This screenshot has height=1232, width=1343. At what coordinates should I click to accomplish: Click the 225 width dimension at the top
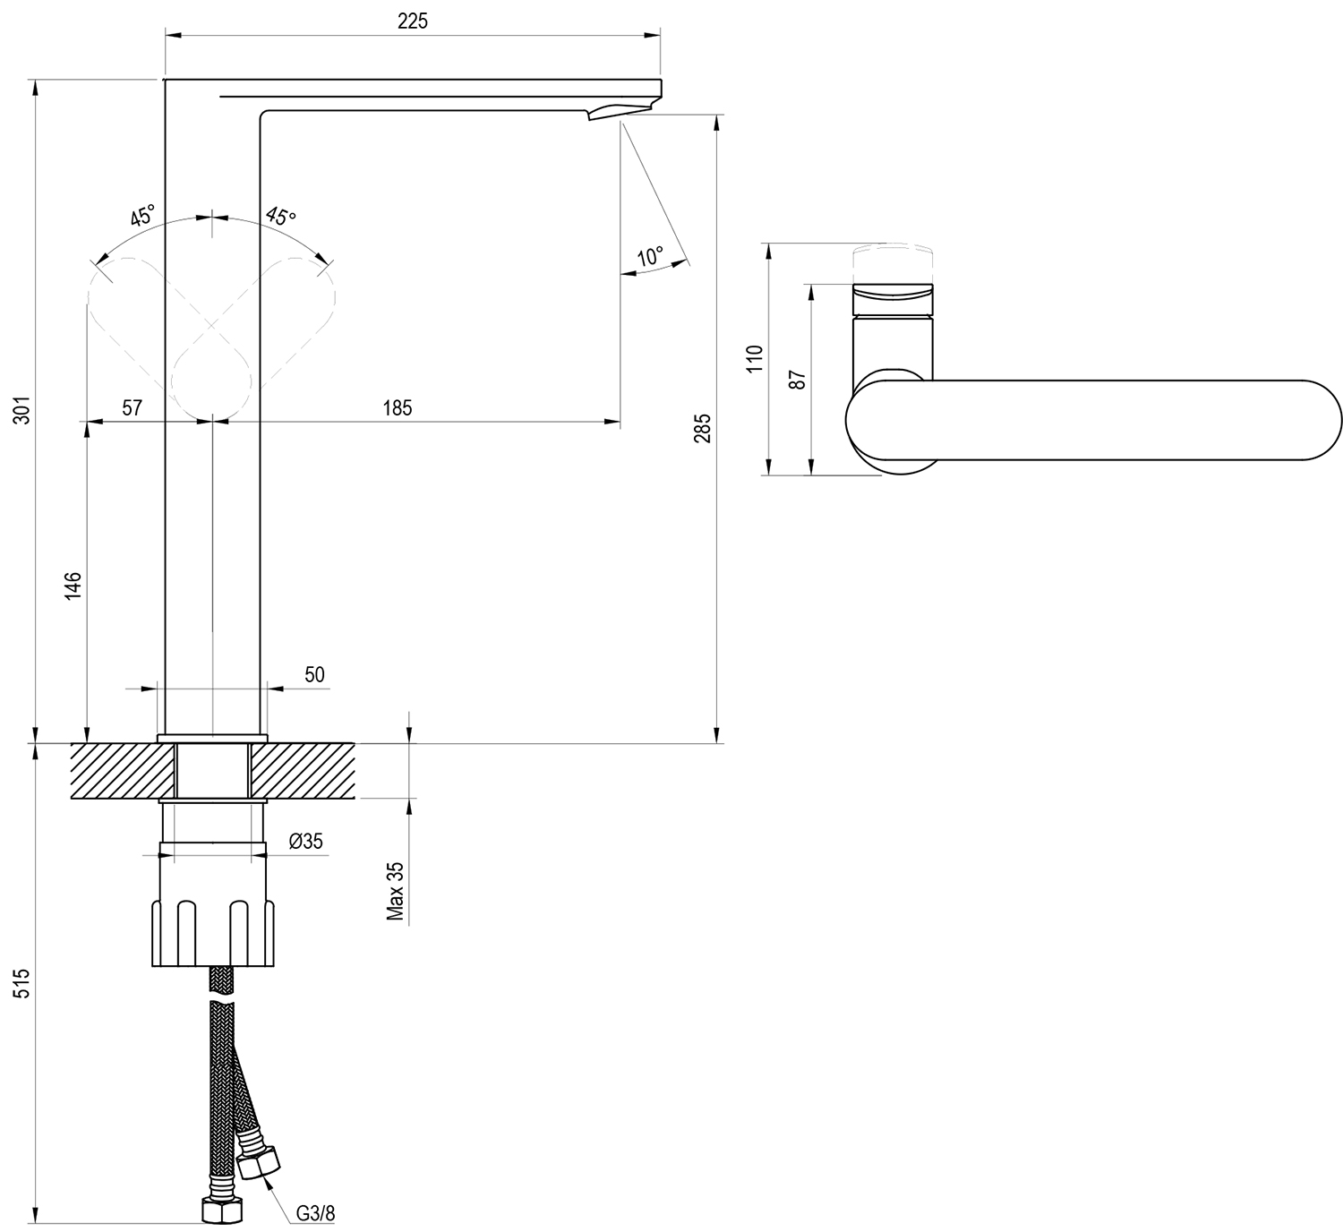(x=413, y=21)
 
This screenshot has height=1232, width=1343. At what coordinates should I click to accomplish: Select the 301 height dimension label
(x=22, y=410)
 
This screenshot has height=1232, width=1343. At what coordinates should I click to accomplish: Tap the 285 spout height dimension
(x=702, y=429)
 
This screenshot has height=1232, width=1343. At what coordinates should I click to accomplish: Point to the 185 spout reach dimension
(x=398, y=407)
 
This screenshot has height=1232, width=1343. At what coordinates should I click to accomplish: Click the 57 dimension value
(x=132, y=407)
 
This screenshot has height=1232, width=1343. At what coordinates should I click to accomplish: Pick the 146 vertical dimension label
(x=73, y=586)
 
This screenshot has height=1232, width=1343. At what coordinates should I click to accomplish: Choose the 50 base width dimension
(x=314, y=674)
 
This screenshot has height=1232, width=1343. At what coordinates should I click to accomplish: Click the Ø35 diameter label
(x=306, y=841)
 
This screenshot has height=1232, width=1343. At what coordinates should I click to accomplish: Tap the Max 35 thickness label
(x=396, y=891)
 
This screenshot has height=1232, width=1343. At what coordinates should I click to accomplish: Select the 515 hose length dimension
(x=22, y=983)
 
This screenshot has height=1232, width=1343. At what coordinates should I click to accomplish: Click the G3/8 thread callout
(x=315, y=1213)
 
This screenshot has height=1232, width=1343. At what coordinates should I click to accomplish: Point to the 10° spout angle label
(x=650, y=256)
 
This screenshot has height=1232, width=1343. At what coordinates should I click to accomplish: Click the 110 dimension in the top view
(x=755, y=359)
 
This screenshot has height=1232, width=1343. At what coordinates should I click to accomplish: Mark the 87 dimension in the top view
(x=798, y=380)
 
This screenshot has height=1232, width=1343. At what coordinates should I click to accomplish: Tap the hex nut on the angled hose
(x=260, y=1164)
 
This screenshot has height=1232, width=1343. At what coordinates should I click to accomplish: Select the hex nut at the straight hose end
(x=222, y=1210)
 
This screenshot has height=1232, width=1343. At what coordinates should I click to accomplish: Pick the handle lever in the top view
(x=1093, y=421)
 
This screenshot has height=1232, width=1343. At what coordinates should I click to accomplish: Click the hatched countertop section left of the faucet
(x=124, y=771)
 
